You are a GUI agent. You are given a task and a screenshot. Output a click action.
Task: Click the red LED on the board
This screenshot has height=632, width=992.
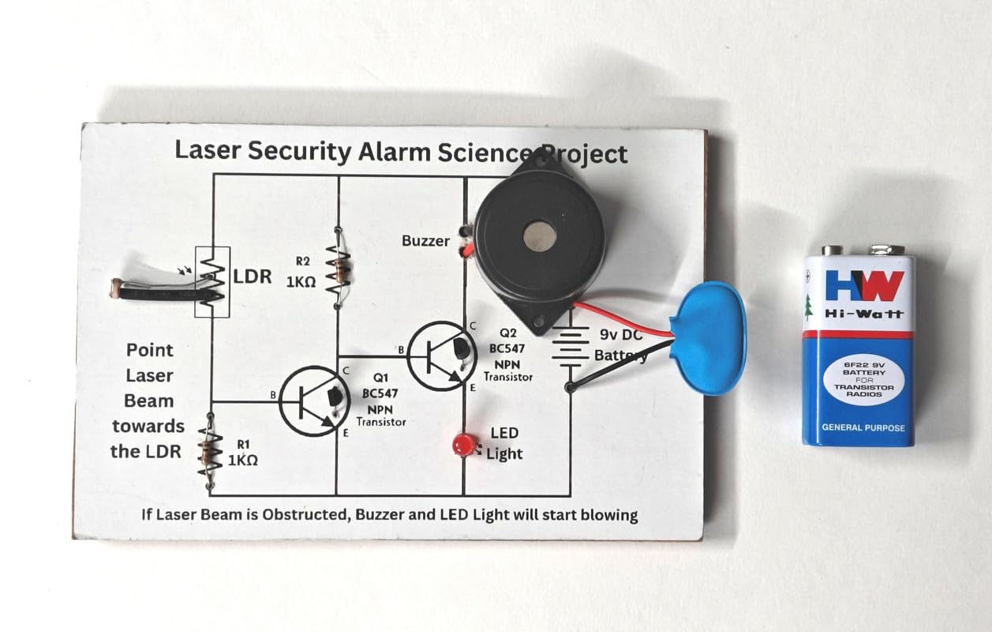pyautogui.click(x=461, y=445)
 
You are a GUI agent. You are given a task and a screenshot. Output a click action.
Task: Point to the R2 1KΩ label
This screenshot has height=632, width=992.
pyautogui.click(x=308, y=271)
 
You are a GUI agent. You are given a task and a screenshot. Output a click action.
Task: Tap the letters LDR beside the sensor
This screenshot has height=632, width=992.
pyautogui.click(x=253, y=277)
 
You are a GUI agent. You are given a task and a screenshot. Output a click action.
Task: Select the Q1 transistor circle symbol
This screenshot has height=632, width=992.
pyautogui.click(x=315, y=401)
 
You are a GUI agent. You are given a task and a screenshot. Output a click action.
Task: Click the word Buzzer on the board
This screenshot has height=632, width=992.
pyautogui.click(x=425, y=241)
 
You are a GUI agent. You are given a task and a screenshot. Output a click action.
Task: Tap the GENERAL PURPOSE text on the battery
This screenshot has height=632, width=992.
pyautogui.click(x=863, y=428)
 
